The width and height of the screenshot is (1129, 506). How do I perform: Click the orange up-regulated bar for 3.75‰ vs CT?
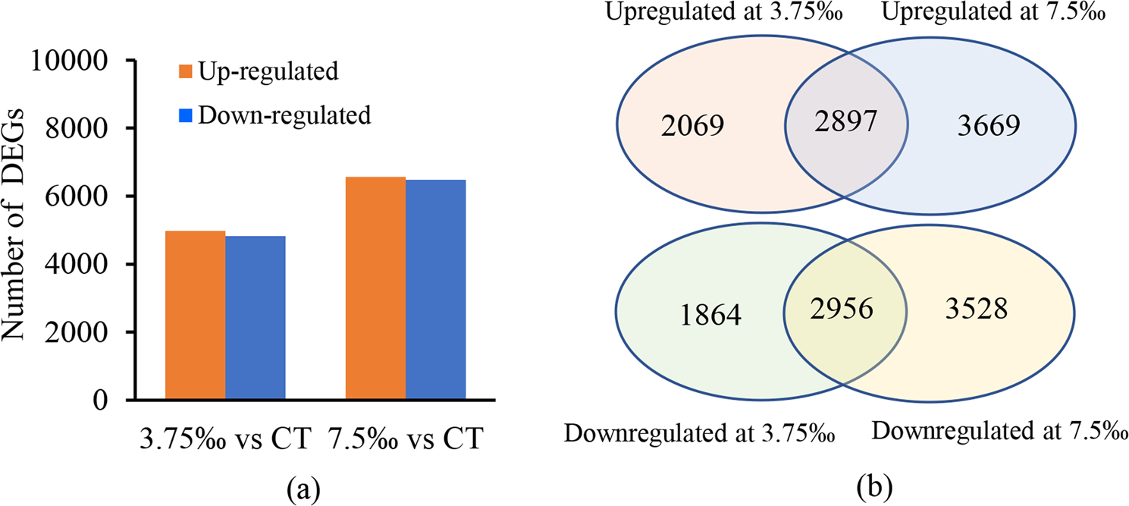pos(195,315)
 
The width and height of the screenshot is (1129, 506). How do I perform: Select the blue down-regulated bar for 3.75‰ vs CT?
pos(256,318)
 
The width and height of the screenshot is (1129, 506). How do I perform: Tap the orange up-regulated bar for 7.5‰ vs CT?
pos(375,288)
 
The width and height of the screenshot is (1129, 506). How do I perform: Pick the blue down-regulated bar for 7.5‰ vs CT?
pos(436,290)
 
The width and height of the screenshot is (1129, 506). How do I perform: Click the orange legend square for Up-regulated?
pos(184,74)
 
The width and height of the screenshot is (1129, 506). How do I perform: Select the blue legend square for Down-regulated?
pos(184,116)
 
